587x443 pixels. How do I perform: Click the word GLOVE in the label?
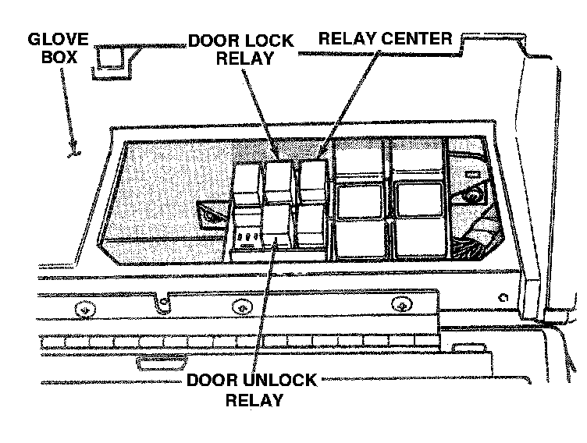point(59,38)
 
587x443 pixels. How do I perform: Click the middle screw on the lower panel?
point(244,307)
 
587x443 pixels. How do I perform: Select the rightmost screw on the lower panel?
point(401,304)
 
